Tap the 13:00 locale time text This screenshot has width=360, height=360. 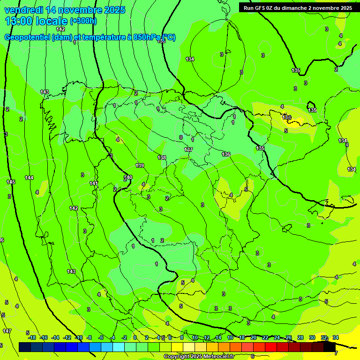tap(36, 21)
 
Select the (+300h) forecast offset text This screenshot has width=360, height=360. tap(83, 21)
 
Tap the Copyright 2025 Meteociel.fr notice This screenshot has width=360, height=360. tap(199, 357)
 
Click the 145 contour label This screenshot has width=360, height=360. tap(11, 182)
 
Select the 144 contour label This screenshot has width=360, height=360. tap(29, 178)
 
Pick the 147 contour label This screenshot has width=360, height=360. tap(7, 331)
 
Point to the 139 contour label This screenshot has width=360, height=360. tap(140, 165)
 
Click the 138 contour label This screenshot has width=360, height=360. tap(162, 157)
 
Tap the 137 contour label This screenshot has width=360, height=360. tap(188, 150)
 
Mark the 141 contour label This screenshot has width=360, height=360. tap(94, 183)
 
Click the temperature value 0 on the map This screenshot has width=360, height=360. tap(181, 137)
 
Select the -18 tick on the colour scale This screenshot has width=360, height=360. tap(31, 337)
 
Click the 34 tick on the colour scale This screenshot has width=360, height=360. tap(336, 337)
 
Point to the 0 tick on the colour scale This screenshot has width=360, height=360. tap(135, 337)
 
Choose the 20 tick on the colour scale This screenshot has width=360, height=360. tap(254, 337)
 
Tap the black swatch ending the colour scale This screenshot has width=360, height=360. tap(330, 347)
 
